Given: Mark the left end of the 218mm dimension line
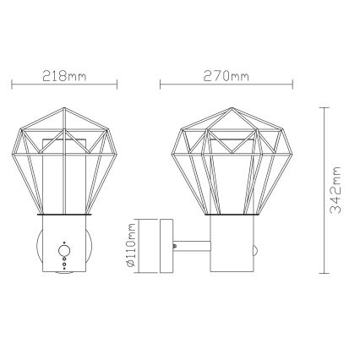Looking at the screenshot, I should pyautogui.click(x=13, y=85).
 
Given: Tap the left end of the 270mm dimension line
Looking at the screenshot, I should pyautogui.click(x=161, y=85).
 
